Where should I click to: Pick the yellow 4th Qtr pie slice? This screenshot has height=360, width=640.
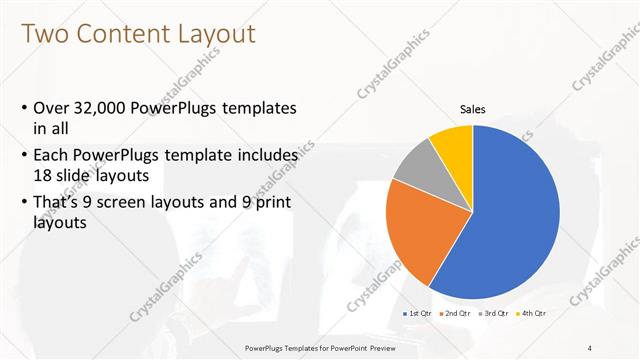coord(453,143)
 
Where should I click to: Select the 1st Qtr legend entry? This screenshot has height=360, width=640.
coord(419,314)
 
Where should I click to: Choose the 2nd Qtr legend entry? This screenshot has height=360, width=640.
coord(457,314)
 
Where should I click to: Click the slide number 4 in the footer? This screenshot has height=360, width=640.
coord(590,348)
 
